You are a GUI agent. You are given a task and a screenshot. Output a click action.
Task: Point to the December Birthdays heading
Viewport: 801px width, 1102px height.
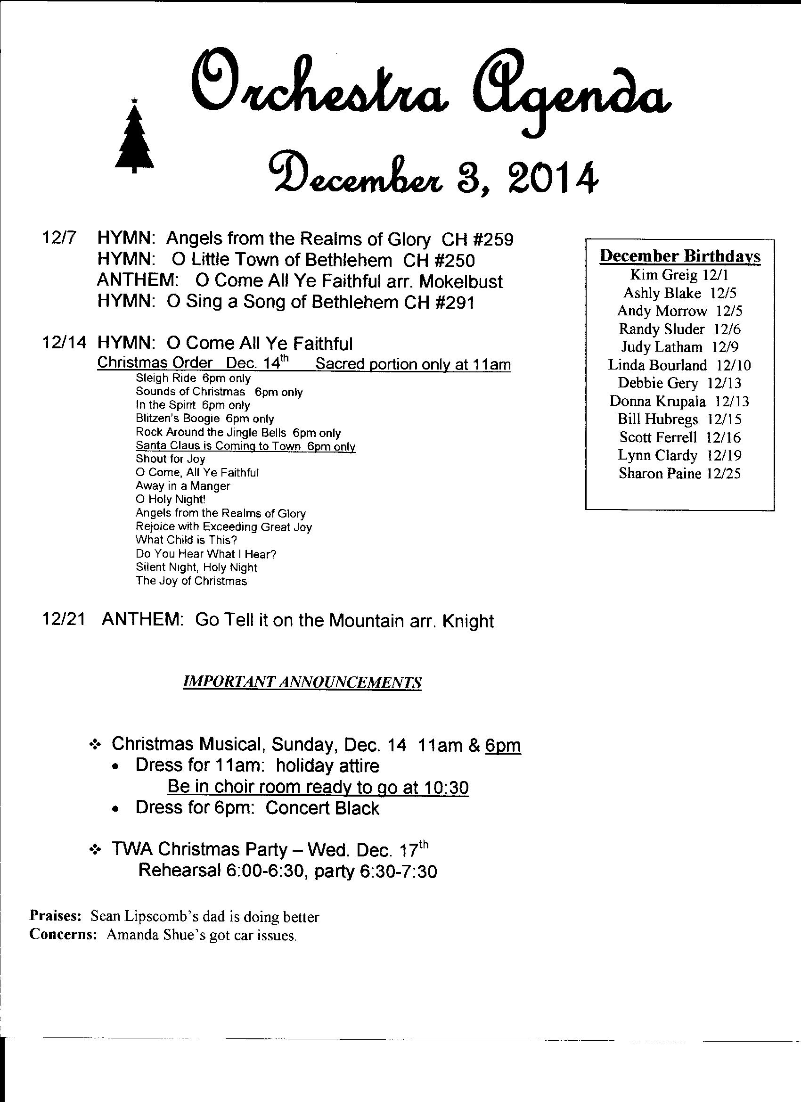coord(679,256)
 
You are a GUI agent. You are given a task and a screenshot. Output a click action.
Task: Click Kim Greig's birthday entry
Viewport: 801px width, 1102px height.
coord(678,275)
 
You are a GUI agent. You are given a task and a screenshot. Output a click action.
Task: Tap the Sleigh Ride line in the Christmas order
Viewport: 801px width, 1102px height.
coord(193,378)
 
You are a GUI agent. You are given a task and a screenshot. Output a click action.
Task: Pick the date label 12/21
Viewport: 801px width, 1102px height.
coord(64,620)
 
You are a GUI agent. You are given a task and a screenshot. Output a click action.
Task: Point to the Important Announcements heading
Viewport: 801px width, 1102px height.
coord(302,682)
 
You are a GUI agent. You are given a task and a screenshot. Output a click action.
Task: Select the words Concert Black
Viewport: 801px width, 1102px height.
coord(322,808)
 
